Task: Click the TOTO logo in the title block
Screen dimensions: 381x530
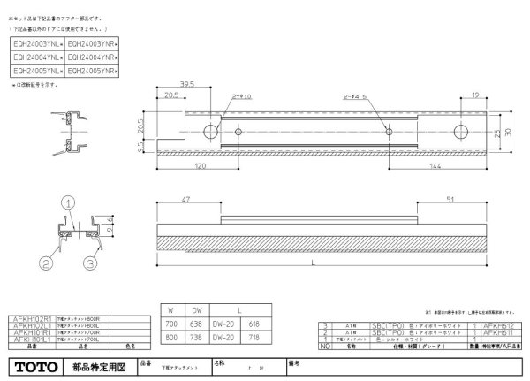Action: pyautogui.click(x=34, y=365)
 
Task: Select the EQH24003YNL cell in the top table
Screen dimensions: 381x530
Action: pyautogui.click(x=37, y=42)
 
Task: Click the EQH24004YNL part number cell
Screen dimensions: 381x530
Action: pyautogui.click(x=37, y=55)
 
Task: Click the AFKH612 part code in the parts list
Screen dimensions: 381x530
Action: pyautogui.click(x=500, y=325)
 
